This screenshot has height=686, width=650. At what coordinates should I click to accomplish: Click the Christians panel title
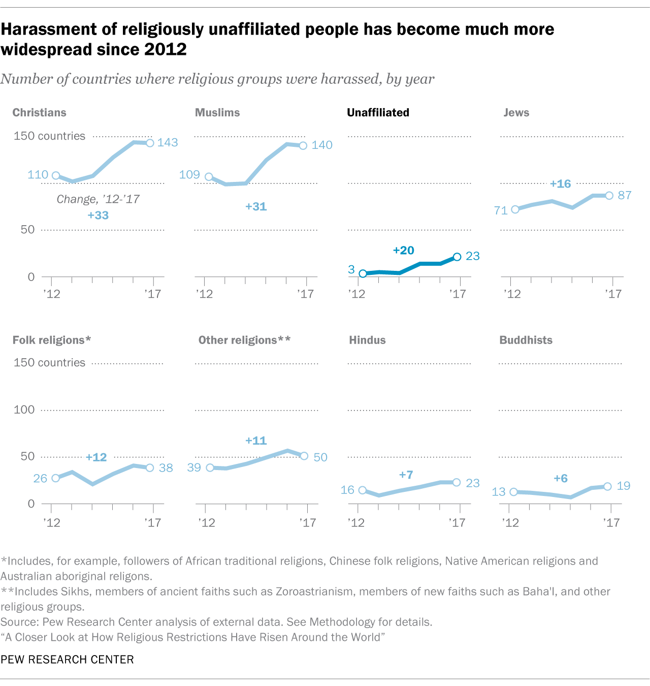click(39, 112)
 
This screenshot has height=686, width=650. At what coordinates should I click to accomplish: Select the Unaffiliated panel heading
click(378, 112)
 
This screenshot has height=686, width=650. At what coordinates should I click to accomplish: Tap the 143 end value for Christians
click(168, 142)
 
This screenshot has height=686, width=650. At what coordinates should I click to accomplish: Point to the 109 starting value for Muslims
click(189, 174)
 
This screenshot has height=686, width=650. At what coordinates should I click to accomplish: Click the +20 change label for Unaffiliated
click(404, 250)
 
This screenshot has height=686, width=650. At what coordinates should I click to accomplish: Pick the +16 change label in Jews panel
click(560, 184)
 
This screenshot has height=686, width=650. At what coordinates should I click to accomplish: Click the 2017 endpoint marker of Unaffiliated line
click(457, 257)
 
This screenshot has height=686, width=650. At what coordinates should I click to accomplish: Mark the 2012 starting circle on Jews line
click(515, 209)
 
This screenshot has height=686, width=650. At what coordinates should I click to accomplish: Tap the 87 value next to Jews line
click(625, 195)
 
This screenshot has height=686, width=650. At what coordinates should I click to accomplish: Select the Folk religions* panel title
click(52, 340)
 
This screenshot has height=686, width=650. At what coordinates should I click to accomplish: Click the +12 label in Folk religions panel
click(96, 457)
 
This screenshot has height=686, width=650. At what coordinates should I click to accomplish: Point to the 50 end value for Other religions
click(320, 457)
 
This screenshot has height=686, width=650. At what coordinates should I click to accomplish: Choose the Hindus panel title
click(367, 340)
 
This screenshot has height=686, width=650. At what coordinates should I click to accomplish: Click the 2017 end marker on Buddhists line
click(607, 487)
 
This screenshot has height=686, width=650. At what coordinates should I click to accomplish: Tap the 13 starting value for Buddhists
click(499, 491)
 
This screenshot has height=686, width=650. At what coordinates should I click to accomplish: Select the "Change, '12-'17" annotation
click(98, 199)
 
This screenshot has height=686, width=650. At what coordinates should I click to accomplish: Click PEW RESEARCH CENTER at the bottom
click(67, 660)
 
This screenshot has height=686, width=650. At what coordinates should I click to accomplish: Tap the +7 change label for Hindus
click(406, 475)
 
